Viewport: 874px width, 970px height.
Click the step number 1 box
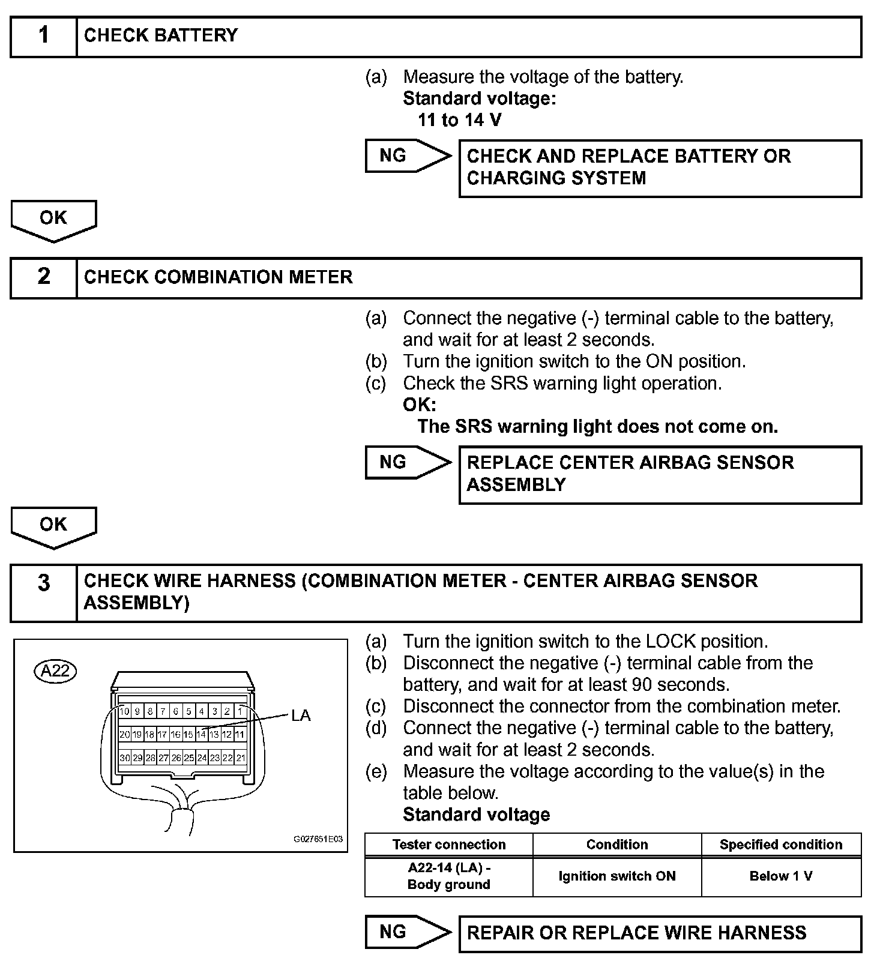click(x=43, y=37)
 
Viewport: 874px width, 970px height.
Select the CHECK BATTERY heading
click(x=161, y=35)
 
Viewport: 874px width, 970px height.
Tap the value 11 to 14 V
click(x=459, y=120)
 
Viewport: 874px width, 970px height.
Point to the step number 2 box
click(x=43, y=277)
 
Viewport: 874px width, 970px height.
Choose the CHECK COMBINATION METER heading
click(x=218, y=277)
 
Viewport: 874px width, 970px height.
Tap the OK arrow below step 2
click(x=53, y=526)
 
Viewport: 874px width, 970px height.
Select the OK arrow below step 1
click(x=53, y=219)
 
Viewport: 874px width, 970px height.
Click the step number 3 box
click(x=43, y=593)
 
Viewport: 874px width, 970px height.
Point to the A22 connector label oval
click(x=56, y=670)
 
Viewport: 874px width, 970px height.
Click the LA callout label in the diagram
click(x=301, y=715)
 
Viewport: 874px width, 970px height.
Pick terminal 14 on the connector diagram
click(x=202, y=734)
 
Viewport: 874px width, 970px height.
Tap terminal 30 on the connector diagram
click(x=124, y=758)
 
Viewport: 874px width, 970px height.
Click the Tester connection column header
click(x=448, y=845)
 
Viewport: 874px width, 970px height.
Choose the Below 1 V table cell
click(x=781, y=876)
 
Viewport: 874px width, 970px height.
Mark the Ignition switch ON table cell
click(x=616, y=876)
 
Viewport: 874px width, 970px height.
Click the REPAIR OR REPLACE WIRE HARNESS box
click(x=660, y=933)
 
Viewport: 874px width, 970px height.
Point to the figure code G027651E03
click(x=318, y=839)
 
